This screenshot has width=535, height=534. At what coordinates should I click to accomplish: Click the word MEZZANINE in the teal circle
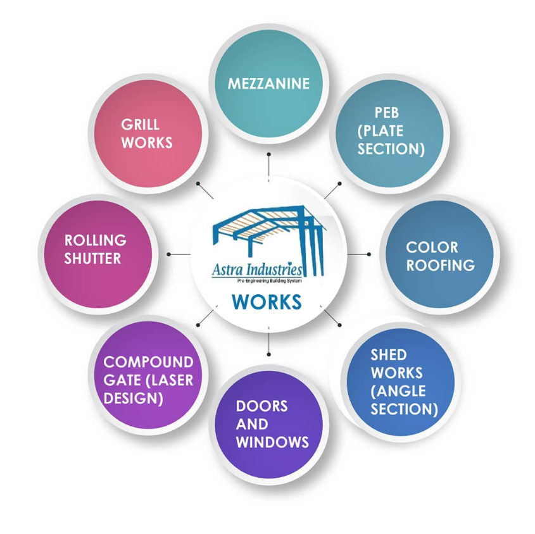(268, 84)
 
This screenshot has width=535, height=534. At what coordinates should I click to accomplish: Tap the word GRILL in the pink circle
(140, 125)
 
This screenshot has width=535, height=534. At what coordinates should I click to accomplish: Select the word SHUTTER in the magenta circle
(92, 259)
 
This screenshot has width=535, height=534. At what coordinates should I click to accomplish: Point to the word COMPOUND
(148, 362)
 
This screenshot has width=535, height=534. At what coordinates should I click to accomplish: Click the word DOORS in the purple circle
(261, 406)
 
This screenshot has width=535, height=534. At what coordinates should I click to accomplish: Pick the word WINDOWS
(272, 442)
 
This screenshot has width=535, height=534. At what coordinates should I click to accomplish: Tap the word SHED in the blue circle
(389, 355)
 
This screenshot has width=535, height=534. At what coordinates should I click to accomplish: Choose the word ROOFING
(441, 265)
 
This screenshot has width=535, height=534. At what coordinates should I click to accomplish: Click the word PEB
(387, 113)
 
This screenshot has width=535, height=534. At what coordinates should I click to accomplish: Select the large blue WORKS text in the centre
(267, 302)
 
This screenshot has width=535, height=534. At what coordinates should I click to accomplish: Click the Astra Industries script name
(257, 270)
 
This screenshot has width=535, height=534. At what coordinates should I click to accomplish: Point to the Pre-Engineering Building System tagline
(270, 281)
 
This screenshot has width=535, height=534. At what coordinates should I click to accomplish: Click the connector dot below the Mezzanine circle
(269, 154)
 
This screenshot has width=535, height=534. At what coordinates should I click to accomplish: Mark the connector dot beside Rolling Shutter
(168, 254)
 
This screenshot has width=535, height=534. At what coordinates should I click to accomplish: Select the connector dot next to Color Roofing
(369, 254)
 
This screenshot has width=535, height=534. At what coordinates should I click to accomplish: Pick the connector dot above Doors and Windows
(269, 355)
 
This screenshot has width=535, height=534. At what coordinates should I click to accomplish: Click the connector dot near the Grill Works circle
(198, 183)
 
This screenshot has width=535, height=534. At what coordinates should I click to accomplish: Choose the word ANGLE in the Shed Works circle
(398, 391)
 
